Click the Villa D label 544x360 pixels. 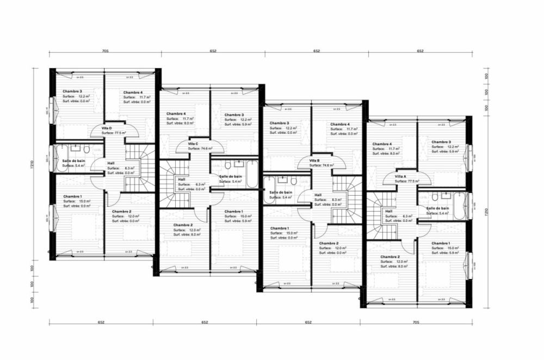107,128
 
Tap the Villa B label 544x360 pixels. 314,160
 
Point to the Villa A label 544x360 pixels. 400,177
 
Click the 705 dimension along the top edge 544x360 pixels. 105,51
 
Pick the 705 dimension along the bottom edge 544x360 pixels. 416,322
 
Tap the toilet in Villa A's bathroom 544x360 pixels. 435,197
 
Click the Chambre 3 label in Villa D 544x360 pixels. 72,91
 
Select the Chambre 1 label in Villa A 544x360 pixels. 441,243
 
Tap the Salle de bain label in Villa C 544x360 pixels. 230,176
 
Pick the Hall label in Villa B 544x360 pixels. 318,195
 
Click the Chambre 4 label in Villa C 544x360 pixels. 176,114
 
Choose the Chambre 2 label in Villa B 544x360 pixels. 329,243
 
